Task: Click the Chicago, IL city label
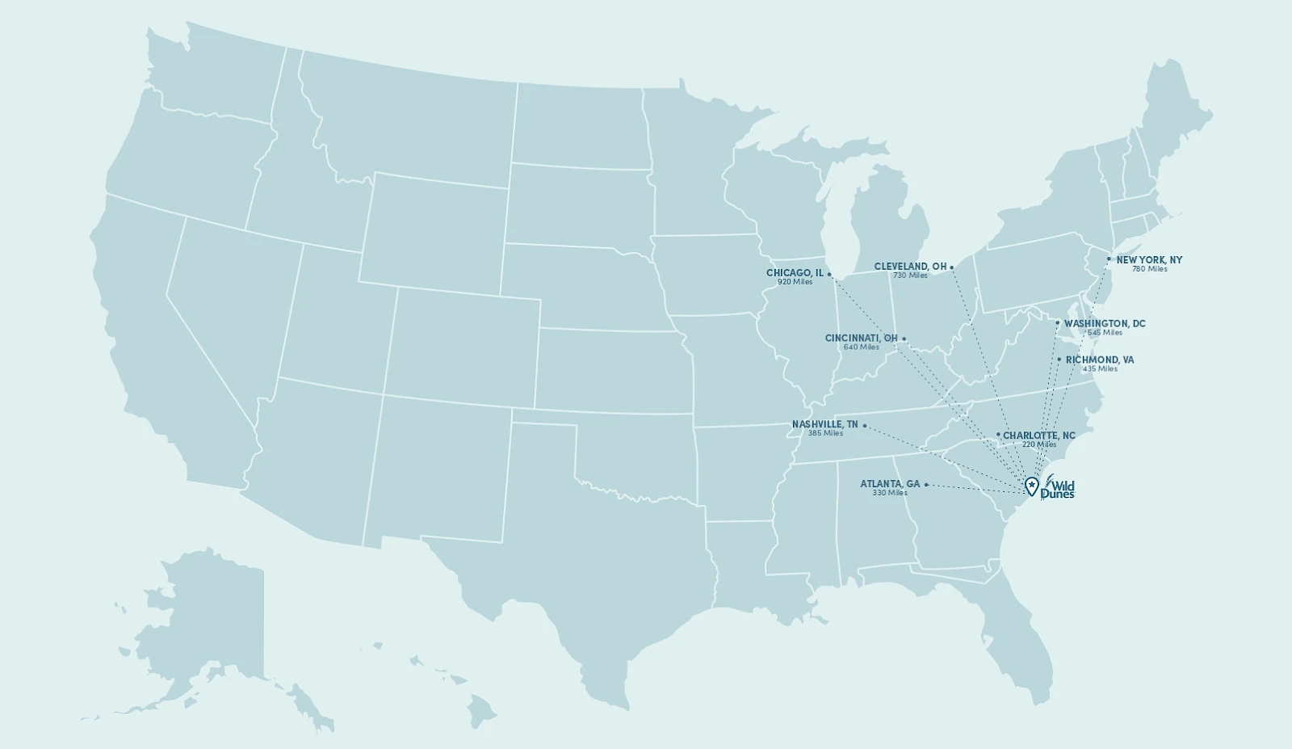(795, 273)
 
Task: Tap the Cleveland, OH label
(910, 266)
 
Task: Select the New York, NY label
(1149, 260)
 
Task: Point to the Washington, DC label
(1104, 323)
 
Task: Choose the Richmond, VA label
(1099, 360)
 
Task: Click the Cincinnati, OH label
(861, 338)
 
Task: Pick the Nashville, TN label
(824, 424)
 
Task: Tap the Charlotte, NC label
(1038, 436)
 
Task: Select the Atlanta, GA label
(889, 484)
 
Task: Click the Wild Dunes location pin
(1031, 486)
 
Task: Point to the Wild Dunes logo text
(1058, 490)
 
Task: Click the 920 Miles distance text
(795, 282)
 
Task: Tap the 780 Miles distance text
(1149, 269)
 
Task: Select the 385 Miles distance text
(825, 433)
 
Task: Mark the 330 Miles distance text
(889, 493)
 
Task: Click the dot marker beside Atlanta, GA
(926, 485)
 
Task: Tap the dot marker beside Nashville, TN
(864, 425)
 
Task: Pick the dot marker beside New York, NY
(1109, 259)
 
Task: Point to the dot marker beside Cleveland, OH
(951, 267)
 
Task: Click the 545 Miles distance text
(1104, 332)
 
